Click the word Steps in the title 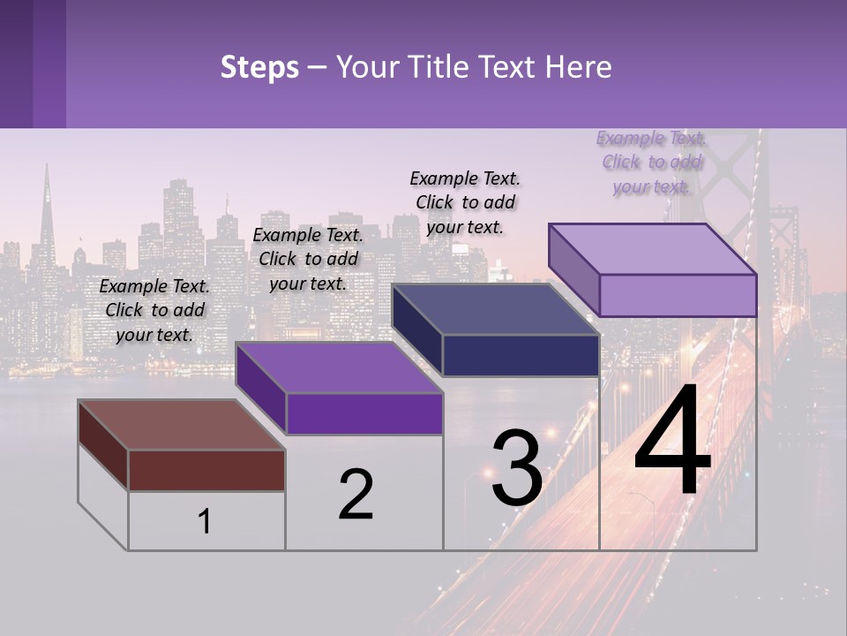[x=259, y=67]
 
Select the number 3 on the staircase [x=517, y=468]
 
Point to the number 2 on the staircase [x=356, y=495]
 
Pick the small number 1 [x=205, y=521]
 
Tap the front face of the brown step [x=206, y=470]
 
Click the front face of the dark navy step [x=521, y=356]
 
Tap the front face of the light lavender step [x=678, y=295]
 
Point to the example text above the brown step [x=154, y=310]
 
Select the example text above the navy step [x=465, y=202]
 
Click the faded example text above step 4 [x=651, y=162]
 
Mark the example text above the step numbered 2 [x=308, y=259]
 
